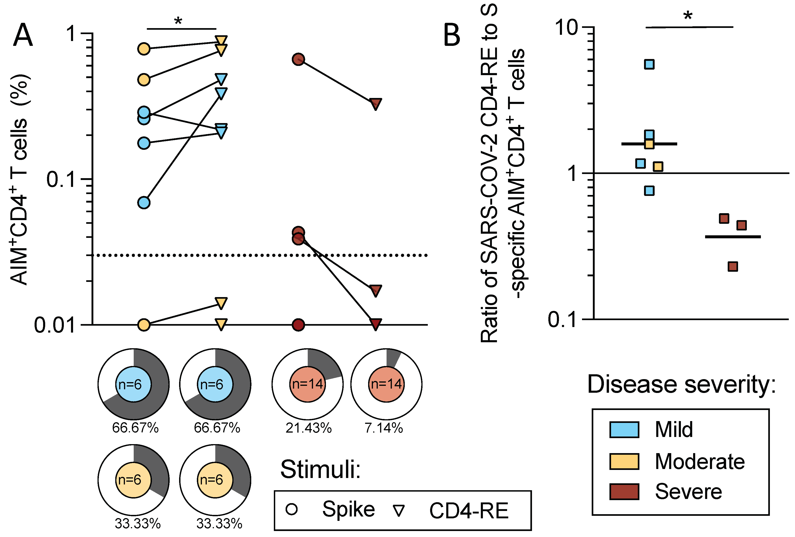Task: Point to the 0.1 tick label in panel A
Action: [x=61, y=179]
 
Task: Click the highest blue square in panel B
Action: [x=649, y=64]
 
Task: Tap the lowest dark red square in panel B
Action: [x=732, y=266]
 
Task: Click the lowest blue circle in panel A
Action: [x=144, y=203]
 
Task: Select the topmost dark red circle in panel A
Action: [x=298, y=59]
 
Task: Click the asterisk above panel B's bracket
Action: [x=688, y=16]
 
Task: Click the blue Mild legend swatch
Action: [x=624, y=430]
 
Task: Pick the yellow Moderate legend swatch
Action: [x=624, y=461]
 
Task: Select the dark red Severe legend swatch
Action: [x=624, y=492]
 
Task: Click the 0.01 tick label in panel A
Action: [x=55, y=325]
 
